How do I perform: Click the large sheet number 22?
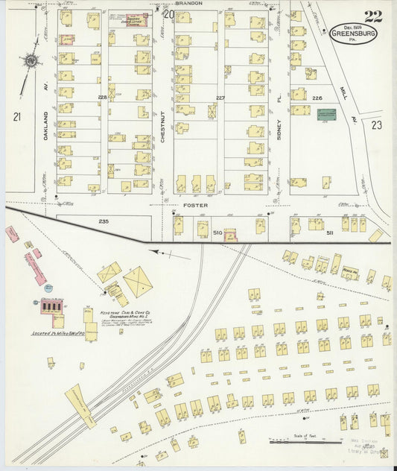374,17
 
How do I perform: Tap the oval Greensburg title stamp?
355,34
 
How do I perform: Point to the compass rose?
31,61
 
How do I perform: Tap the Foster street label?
196,204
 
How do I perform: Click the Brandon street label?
190,4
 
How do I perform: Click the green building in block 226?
326,115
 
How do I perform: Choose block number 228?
102,97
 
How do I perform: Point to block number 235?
104,221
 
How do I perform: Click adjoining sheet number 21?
16,116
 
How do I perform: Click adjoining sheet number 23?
376,125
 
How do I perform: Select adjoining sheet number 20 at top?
169,13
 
